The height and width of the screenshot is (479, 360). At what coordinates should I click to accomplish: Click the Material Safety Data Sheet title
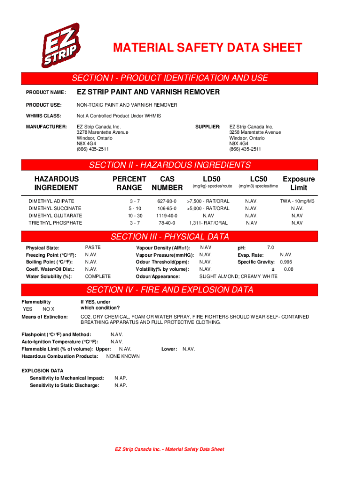207,48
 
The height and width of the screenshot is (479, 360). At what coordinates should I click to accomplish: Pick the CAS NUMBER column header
167,183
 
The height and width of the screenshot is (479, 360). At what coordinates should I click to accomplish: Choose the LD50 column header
212,179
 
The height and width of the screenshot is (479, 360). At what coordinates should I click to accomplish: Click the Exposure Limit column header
299,183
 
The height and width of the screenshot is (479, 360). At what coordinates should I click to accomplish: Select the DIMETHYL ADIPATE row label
51,201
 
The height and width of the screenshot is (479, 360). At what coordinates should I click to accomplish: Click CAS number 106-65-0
167,208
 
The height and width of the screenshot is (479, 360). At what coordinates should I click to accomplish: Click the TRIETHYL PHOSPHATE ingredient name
55,223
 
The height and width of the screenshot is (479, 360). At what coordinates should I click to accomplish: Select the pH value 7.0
270,247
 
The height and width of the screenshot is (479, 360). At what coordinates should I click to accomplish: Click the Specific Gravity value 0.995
286,262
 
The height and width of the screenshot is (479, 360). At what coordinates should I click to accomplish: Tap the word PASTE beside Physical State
93,247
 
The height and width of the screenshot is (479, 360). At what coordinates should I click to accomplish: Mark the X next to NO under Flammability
52,309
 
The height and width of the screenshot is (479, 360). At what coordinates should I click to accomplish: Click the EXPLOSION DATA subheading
43,370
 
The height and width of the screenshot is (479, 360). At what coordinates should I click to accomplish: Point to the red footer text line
170,449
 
